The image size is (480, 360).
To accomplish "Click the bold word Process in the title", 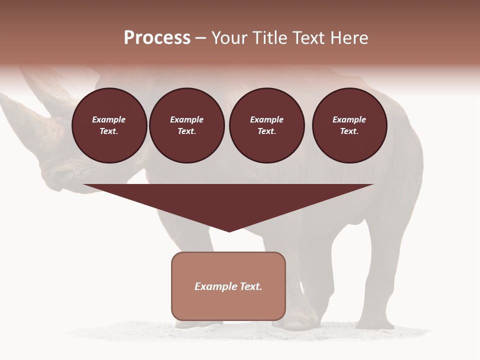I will (157, 38).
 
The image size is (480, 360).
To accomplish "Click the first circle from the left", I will (109, 125).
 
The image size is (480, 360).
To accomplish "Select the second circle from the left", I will (186, 125).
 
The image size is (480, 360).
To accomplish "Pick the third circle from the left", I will (266, 125).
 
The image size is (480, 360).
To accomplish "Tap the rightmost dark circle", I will (349, 125).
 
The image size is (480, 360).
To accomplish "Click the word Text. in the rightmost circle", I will (349, 131).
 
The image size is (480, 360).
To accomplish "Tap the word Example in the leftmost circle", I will (109, 119).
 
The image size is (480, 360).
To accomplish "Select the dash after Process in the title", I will (201, 38).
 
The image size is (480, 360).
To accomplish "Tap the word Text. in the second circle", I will (186, 131).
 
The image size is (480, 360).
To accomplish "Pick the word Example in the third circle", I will (266, 119).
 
